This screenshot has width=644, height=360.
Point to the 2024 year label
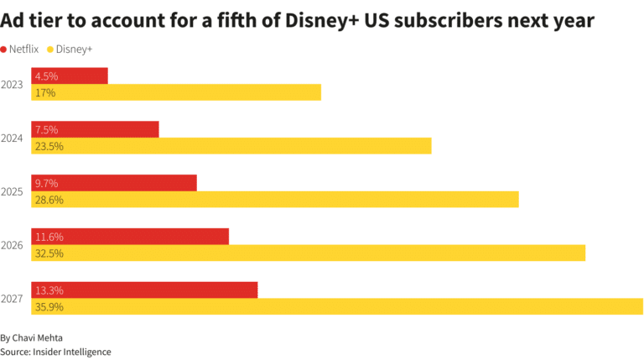point(13,138)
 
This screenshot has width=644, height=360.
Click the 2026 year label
point(13,245)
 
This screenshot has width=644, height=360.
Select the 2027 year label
point(13,299)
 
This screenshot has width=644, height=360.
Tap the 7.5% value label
point(47,129)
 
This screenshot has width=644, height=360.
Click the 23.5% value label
point(49,146)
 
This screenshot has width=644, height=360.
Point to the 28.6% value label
point(49,200)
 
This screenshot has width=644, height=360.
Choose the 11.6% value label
point(49,237)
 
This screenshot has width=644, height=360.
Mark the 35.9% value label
point(49,307)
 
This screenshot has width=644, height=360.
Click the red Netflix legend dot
point(4,50)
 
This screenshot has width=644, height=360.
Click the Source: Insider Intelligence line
point(55,352)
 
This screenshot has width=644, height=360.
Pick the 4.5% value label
point(47,76)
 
